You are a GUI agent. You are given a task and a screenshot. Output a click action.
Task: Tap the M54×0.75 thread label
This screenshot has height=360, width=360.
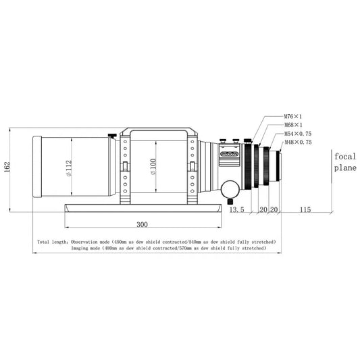[298, 134]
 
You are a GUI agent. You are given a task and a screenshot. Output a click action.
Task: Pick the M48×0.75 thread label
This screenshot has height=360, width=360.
[298, 143]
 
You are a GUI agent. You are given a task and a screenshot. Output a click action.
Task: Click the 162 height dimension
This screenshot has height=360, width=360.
[7, 166]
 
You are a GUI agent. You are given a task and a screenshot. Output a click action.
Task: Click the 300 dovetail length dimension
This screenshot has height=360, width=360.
[143, 224]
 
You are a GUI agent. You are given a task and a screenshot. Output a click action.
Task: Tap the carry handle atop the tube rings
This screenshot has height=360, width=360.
[158, 130]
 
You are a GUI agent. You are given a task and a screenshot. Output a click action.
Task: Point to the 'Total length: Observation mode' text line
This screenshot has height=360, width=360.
[157, 241]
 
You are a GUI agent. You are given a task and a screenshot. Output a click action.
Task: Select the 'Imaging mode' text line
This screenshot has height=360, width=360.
[169, 248]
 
